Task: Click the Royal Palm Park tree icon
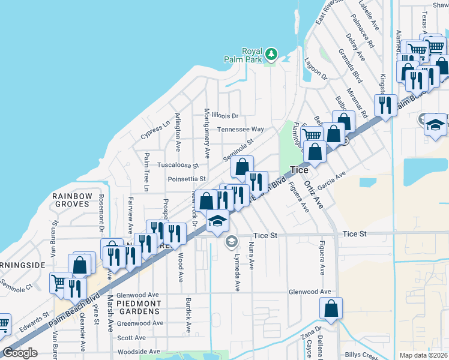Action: coord(271,55)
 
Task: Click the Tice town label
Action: coord(299,170)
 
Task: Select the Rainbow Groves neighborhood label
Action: coord(72,200)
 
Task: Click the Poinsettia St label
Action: coord(187,179)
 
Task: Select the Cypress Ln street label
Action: coord(155,132)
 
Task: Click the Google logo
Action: coord(20,353)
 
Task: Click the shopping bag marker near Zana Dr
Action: coord(331,309)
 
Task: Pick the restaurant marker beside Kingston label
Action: coord(385,106)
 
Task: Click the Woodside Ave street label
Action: coord(139,352)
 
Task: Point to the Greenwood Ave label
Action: coord(140,323)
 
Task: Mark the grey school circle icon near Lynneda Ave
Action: coord(231,241)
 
